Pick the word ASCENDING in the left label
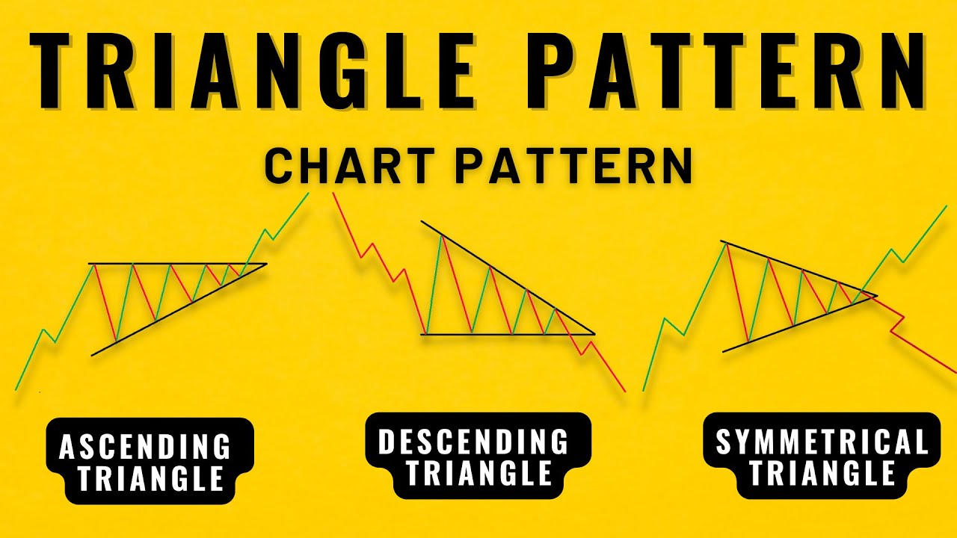(146, 447)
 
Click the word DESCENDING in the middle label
(474, 442)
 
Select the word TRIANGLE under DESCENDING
(478, 473)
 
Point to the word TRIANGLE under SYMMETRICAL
(822, 473)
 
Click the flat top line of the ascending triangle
(179, 264)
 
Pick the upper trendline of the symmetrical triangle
(793, 265)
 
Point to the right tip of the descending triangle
(594, 333)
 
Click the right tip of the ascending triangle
(265, 264)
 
